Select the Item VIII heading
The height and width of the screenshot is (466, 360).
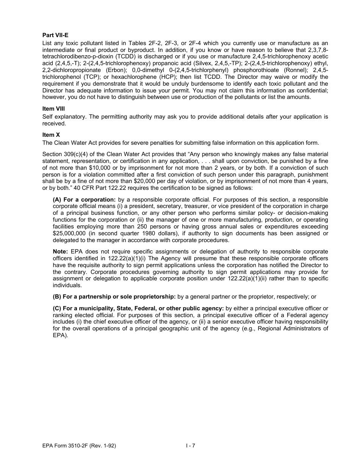pos(54,109)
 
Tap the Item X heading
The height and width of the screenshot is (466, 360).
pos(51,135)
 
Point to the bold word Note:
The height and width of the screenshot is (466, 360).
pos(60,252)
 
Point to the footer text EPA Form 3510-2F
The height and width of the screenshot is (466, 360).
pos(79,446)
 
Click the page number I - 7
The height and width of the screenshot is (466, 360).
pos(190,446)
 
